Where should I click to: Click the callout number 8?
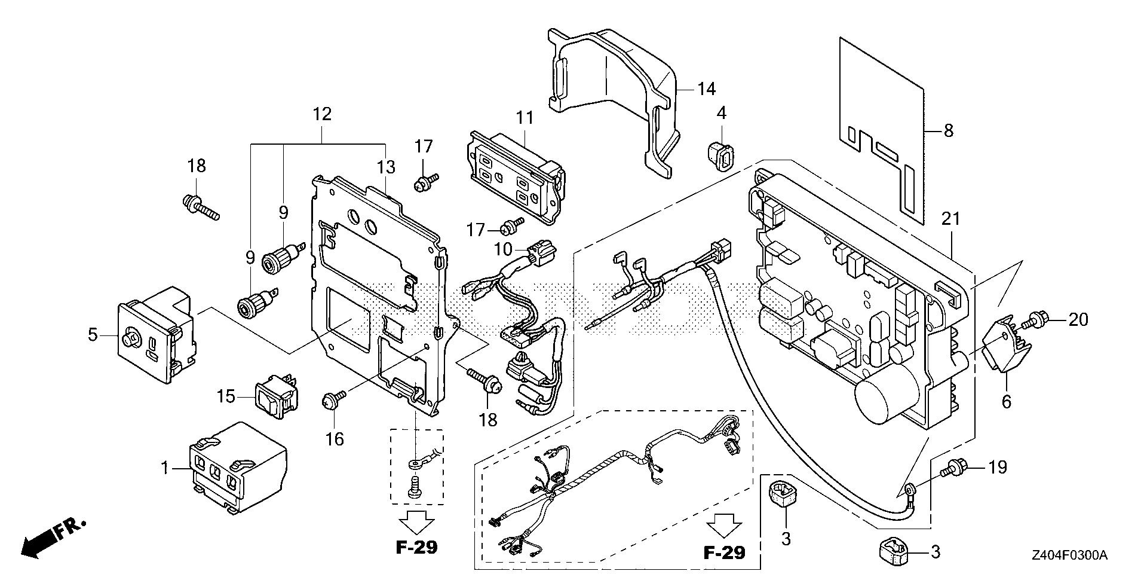tap(948, 130)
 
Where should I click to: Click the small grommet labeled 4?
tap(720, 155)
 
